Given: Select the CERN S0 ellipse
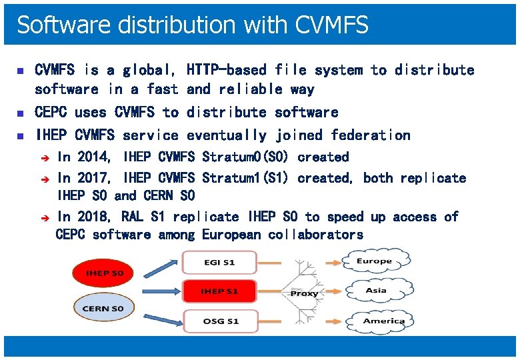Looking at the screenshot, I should click(103, 309).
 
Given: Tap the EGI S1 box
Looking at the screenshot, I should click(219, 263).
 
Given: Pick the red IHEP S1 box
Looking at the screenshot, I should click(219, 292).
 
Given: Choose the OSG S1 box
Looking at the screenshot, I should click(219, 321).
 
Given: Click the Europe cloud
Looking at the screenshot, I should click(374, 261).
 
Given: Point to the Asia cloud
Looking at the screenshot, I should click(375, 291).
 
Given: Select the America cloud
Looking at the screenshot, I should click(383, 321).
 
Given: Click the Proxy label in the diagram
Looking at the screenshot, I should click(304, 293).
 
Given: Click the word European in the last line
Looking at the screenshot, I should click(231, 235).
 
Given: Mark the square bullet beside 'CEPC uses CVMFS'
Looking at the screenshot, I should click(19, 113).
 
